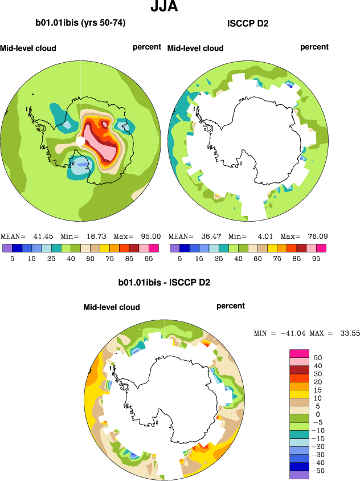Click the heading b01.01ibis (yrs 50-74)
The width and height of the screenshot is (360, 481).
coord(80,23)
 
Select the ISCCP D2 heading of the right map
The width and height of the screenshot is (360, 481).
coord(248,23)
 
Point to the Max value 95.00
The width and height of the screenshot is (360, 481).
coord(150,236)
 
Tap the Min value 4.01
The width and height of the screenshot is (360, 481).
coord(264,236)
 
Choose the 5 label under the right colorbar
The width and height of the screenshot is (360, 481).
coord(179,258)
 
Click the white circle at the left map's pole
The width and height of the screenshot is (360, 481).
coord(81,140)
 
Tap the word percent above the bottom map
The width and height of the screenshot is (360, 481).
coord(231,306)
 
